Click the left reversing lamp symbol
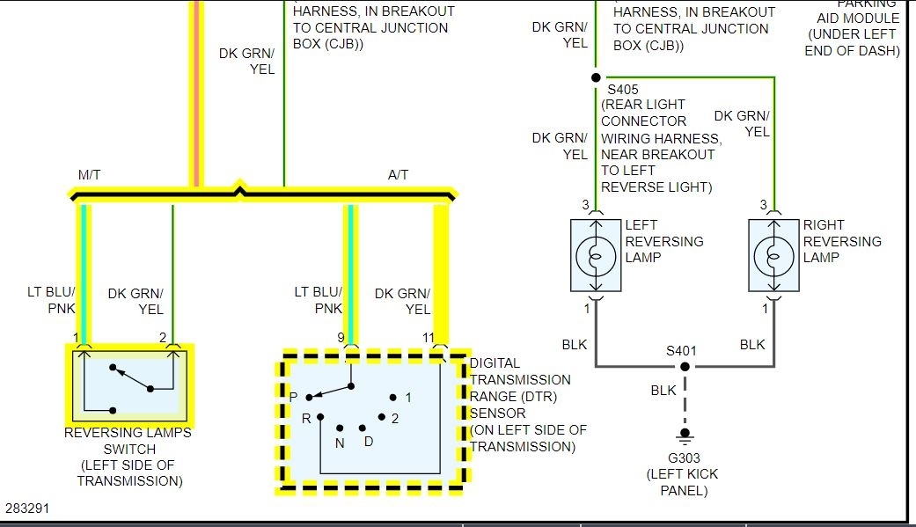(x=597, y=256)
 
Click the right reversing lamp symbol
(x=774, y=256)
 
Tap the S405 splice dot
(x=596, y=77)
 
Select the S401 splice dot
(x=684, y=366)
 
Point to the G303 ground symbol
(x=684, y=436)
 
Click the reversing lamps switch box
(x=130, y=384)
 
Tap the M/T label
(x=90, y=175)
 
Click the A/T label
(x=398, y=175)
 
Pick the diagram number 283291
(x=28, y=509)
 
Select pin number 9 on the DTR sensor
(x=342, y=337)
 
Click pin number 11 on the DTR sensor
(x=428, y=337)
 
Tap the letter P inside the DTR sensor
(x=294, y=397)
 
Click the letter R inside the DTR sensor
(x=306, y=418)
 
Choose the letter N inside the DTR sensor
(x=340, y=443)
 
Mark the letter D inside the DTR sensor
(x=369, y=441)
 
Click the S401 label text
(x=681, y=350)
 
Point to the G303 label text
(x=683, y=457)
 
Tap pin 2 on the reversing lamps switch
(x=162, y=337)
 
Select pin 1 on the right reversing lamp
(x=765, y=309)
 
